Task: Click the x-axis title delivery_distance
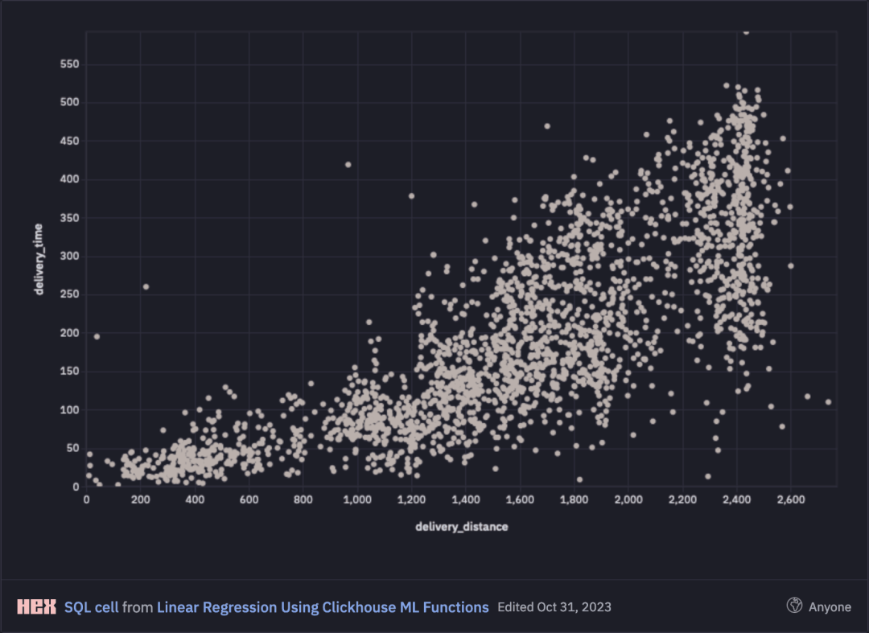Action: click(x=462, y=527)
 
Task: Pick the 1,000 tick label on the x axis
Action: click(x=357, y=500)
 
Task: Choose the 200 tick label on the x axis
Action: click(x=141, y=500)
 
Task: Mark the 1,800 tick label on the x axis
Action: click(x=574, y=500)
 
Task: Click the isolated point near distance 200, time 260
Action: click(x=146, y=287)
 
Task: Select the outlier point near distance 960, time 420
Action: click(x=348, y=164)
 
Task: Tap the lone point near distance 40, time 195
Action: click(x=97, y=336)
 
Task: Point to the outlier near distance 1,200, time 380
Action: click(x=411, y=195)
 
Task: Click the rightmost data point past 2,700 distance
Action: click(x=828, y=402)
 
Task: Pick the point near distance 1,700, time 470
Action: click(x=547, y=126)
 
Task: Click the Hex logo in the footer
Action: click(x=36, y=606)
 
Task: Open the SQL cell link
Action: click(x=91, y=607)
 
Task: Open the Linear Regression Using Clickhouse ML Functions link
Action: click(x=323, y=607)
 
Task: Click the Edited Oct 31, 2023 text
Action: click(x=554, y=607)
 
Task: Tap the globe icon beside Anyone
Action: click(x=794, y=606)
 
